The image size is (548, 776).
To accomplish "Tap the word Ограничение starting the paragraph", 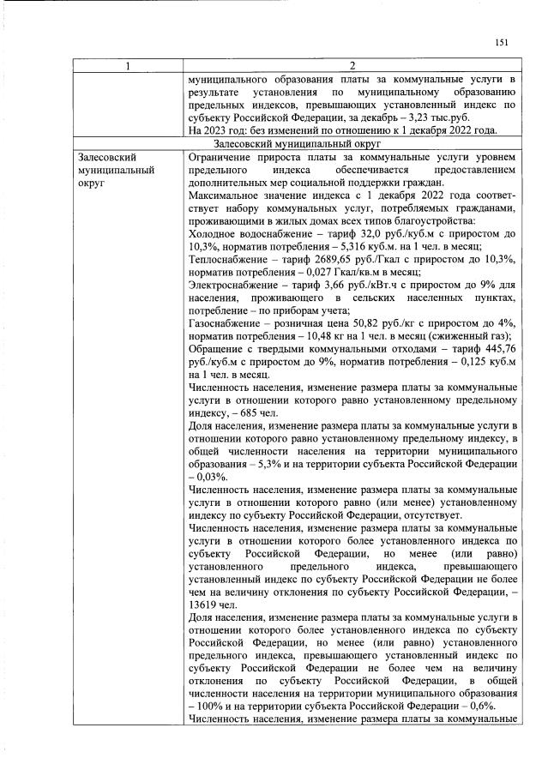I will point(221,158).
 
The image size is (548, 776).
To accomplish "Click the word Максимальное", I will point(226,196).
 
